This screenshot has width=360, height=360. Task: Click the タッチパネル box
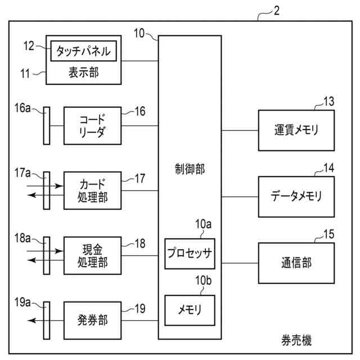(x=84, y=51)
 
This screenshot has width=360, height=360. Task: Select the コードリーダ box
(x=92, y=126)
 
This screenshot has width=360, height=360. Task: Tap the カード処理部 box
(x=92, y=191)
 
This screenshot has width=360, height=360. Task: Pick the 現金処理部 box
(x=92, y=255)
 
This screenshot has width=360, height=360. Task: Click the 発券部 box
(x=92, y=321)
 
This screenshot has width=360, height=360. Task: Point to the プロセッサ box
(x=190, y=254)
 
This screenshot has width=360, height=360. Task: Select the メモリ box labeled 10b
(x=190, y=310)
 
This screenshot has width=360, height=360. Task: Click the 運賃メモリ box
(x=296, y=130)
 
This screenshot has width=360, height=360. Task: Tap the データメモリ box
(x=296, y=197)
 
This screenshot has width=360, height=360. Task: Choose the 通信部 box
(x=296, y=263)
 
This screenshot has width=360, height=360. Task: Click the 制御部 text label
(x=190, y=169)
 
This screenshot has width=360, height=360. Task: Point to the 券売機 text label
(x=296, y=340)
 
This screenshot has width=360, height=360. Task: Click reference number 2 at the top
(x=277, y=11)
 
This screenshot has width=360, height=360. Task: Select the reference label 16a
(x=22, y=108)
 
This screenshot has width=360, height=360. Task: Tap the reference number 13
(x=328, y=101)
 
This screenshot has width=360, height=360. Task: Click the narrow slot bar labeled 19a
(x=47, y=321)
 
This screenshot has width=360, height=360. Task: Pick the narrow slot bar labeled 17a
(x=47, y=191)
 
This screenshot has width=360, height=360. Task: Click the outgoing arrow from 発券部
(x=46, y=320)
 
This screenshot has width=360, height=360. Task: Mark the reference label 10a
(x=204, y=224)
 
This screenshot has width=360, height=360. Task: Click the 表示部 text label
(x=84, y=73)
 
